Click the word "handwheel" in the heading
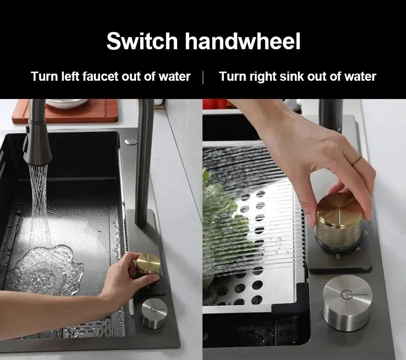coord(242,41)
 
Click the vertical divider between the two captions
coord(204,77)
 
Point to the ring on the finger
coord(358,160)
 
